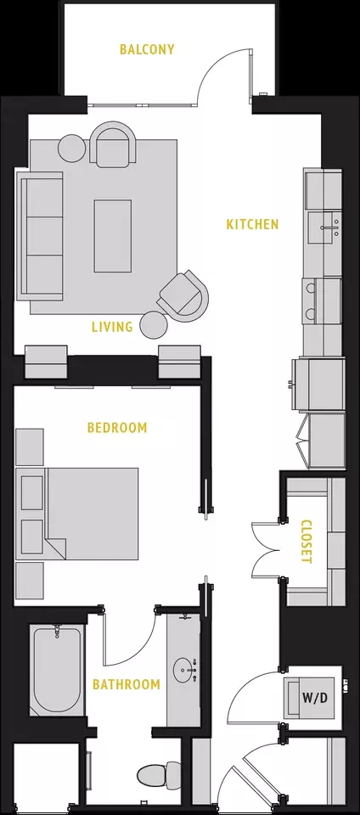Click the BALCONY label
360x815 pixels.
click(x=147, y=49)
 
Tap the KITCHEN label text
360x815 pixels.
click(x=252, y=224)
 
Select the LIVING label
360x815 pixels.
click(x=112, y=327)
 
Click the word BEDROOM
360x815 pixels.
click(x=117, y=428)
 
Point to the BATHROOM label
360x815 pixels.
click(x=127, y=684)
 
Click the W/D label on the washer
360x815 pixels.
click(x=315, y=698)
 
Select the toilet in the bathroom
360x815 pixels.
click(x=160, y=775)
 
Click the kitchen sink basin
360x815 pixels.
click(x=324, y=228)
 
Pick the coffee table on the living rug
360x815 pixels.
click(x=112, y=236)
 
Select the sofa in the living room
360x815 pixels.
click(x=40, y=236)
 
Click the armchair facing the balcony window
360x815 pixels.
click(x=113, y=144)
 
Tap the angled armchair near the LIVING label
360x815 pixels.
click(x=183, y=295)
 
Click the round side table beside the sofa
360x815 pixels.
click(x=71, y=148)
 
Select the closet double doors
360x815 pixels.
click(x=267, y=549)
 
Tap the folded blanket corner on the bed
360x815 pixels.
click(x=57, y=549)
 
